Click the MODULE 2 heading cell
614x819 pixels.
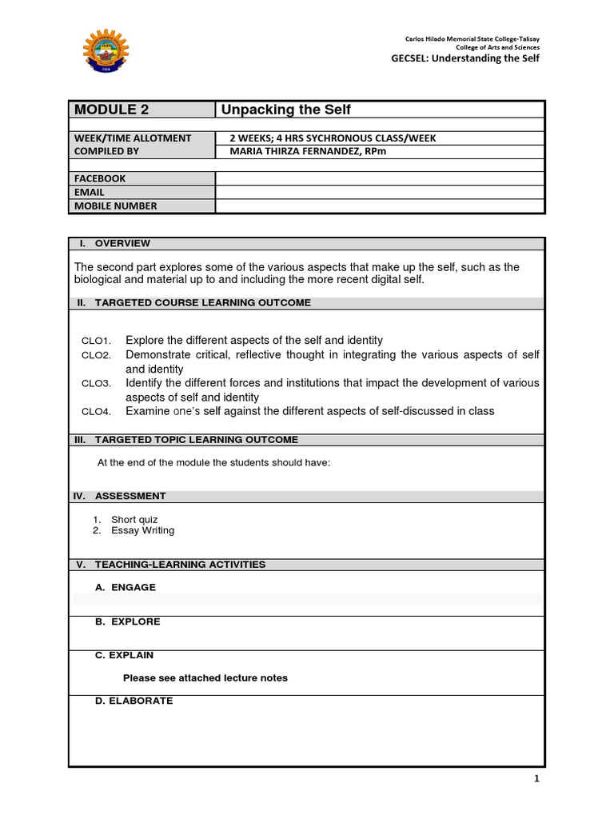point(112,110)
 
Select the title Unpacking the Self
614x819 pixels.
point(285,110)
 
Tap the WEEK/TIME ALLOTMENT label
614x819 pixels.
point(133,138)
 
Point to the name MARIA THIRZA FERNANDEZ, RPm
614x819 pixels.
point(308,151)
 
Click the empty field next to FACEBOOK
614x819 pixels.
point(380,178)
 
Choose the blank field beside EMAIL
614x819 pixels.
point(380,192)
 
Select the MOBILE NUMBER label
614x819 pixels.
point(116,206)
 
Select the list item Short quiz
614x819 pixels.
point(134,520)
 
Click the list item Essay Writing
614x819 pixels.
point(142,530)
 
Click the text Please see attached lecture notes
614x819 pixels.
point(205,678)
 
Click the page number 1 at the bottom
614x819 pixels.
point(537,779)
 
